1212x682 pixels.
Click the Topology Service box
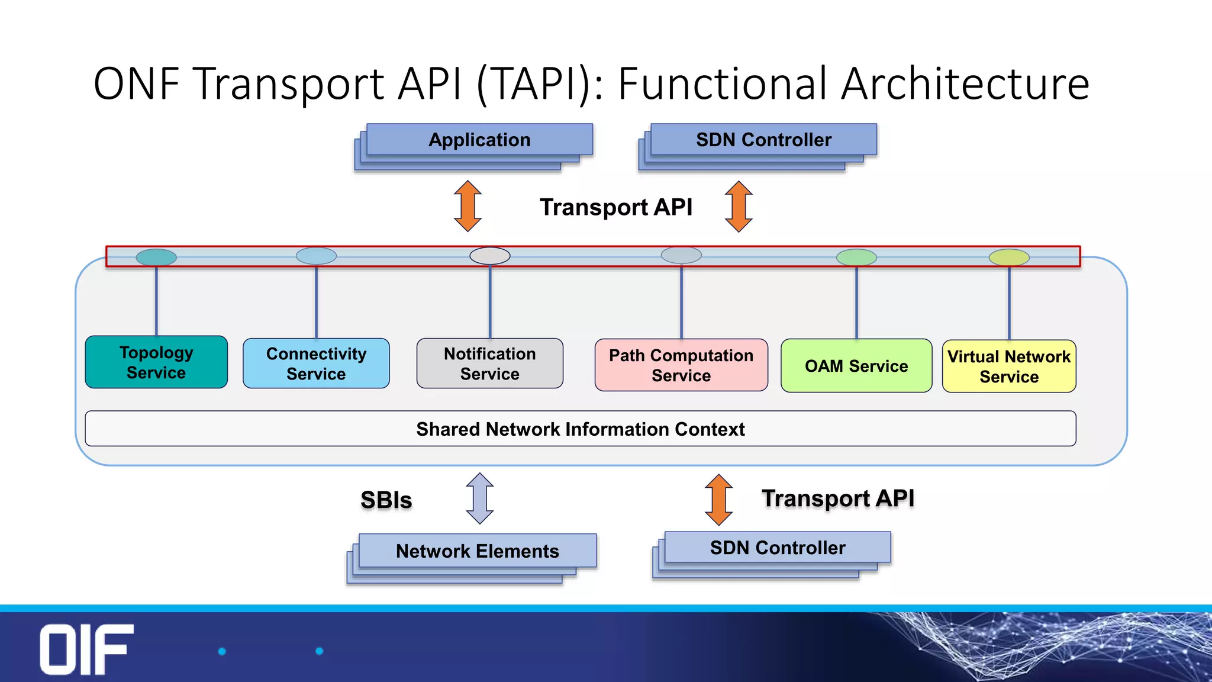pyautogui.click(x=156, y=362)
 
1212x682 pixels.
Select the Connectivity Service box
pyautogui.click(x=316, y=363)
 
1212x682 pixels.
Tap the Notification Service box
pyautogui.click(x=489, y=363)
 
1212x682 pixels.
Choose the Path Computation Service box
pyautogui.click(x=681, y=365)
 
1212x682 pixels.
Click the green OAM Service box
pyautogui.click(x=856, y=366)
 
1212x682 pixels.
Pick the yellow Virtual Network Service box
pyautogui.click(x=1008, y=366)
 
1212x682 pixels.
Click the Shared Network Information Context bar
pyautogui.click(x=580, y=429)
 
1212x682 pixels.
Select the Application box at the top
pyautogui.click(x=479, y=140)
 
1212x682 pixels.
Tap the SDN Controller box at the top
pyautogui.click(x=763, y=140)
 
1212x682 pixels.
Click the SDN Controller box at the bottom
pyautogui.click(x=777, y=548)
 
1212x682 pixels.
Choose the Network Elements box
pyautogui.click(x=477, y=551)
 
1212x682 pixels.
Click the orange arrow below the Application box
pyautogui.click(x=468, y=206)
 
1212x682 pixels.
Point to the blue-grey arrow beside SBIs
pyautogui.click(x=479, y=498)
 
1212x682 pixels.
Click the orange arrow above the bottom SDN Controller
pyautogui.click(x=718, y=500)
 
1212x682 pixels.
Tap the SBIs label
pyautogui.click(x=386, y=500)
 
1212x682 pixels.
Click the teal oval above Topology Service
pyautogui.click(x=156, y=257)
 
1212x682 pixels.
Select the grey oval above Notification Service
pyautogui.click(x=489, y=256)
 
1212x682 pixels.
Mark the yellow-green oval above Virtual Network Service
pyautogui.click(x=1009, y=257)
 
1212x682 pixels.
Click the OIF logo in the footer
pyautogui.click(x=86, y=649)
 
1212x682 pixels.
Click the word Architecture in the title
pyautogui.click(x=965, y=84)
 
